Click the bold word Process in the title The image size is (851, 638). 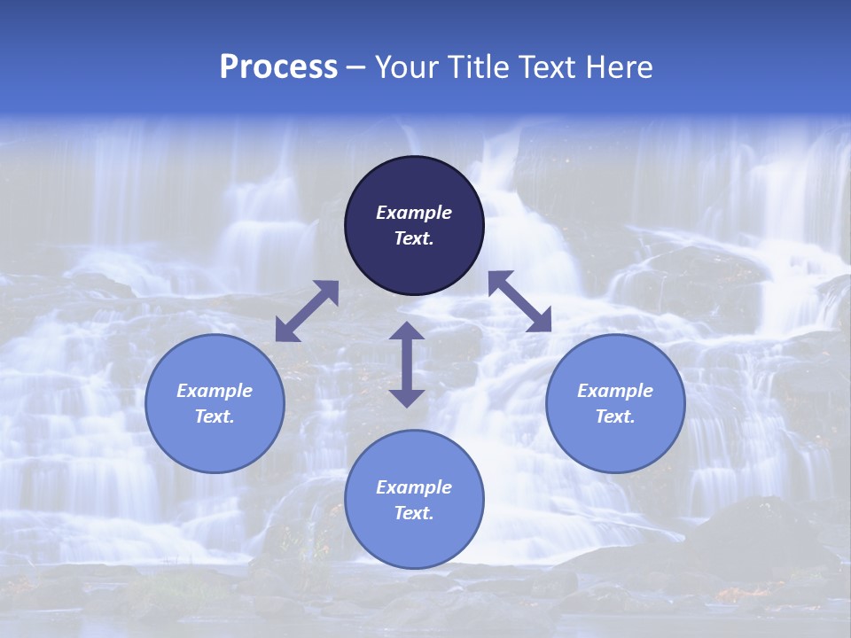(278, 67)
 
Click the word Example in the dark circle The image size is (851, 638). (414, 213)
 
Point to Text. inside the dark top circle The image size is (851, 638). (414, 238)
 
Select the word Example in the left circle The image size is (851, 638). (215, 391)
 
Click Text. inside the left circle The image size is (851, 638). (215, 416)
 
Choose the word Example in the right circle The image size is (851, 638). (615, 391)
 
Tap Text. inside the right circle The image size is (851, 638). (615, 416)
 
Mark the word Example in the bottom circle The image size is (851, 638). (414, 487)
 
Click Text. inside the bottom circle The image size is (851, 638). (414, 513)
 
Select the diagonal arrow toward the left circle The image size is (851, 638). (307, 311)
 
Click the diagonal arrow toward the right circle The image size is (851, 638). (519, 301)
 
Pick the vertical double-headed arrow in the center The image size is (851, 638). (407, 364)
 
